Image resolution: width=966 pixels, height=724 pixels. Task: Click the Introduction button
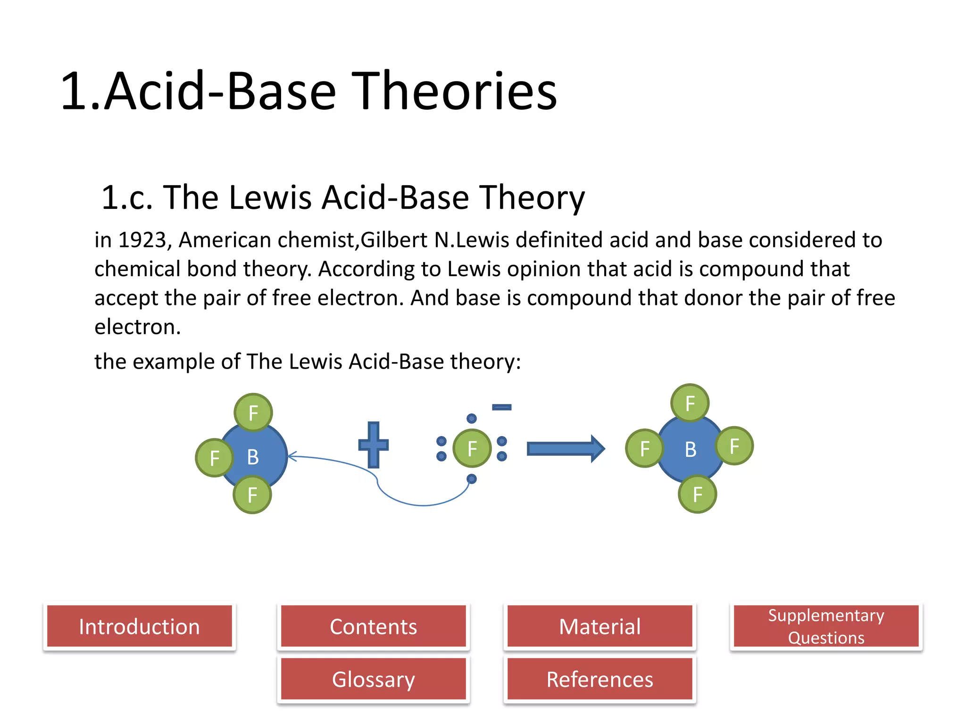click(139, 626)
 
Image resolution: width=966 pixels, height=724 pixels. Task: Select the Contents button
click(373, 626)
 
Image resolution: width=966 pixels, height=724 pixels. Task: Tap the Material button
click(600, 626)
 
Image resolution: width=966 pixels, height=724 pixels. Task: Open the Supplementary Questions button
click(826, 626)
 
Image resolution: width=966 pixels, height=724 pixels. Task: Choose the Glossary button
click(373, 679)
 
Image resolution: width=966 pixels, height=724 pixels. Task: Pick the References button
click(600, 679)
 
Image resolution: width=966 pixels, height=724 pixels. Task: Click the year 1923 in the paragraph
click(142, 240)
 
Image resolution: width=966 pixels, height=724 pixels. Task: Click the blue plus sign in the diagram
click(373, 444)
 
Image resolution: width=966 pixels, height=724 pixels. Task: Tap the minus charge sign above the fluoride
click(501, 407)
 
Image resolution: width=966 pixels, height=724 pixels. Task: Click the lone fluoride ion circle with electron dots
click(472, 448)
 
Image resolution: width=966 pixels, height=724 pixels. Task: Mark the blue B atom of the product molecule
click(690, 449)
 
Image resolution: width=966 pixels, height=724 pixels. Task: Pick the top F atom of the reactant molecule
click(253, 412)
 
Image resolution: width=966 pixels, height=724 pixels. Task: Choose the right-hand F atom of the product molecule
click(734, 446)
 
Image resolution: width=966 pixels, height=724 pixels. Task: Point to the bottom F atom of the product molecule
click(698, 494)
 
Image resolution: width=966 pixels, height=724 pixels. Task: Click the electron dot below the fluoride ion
click(472, 479)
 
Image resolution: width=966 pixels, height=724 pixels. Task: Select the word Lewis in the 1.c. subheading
click(270, 197)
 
